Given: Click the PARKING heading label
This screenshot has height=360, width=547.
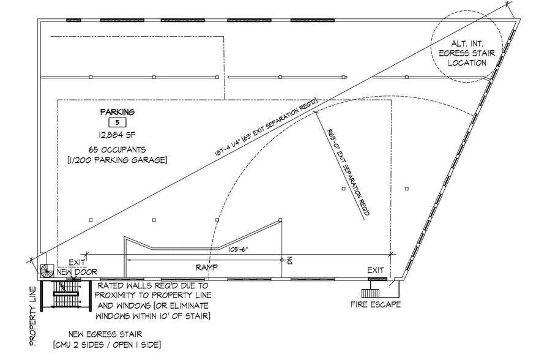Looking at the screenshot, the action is (x=117, y=112).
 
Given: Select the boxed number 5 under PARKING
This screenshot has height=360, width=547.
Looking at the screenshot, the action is (x=117, y=122).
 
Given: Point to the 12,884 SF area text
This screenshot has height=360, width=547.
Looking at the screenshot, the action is (x=117, y=135).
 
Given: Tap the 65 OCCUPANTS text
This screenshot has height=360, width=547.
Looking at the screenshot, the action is (x=117, y=150).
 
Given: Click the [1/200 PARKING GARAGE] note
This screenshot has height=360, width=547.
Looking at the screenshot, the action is (x=117, y=160).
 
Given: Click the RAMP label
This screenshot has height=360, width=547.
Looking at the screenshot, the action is (x=207, y=268).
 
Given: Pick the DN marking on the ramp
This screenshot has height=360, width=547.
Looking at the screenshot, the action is (x=289, y=260).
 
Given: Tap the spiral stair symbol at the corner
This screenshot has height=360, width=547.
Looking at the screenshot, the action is (x=47, y=271).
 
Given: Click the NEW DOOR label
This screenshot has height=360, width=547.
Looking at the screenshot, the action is (x=77, y=272).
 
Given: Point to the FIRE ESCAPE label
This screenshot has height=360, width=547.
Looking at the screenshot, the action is (x=376, y=304).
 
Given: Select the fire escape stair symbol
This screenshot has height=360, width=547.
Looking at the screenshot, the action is (x=371, y=293).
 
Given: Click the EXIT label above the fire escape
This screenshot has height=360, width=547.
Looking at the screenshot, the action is (x=376, y=270).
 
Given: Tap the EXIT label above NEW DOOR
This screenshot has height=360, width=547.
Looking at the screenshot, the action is (x=77, y=263).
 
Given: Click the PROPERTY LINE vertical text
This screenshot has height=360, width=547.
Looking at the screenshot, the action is (x=33, y=316).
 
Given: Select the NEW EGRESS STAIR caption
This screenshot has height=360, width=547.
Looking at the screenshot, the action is (x=106, y=339).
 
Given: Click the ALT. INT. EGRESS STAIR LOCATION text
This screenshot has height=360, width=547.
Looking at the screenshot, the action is (x=467, y=53).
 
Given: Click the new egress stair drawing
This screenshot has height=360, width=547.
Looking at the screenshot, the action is (x=66, y=295).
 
